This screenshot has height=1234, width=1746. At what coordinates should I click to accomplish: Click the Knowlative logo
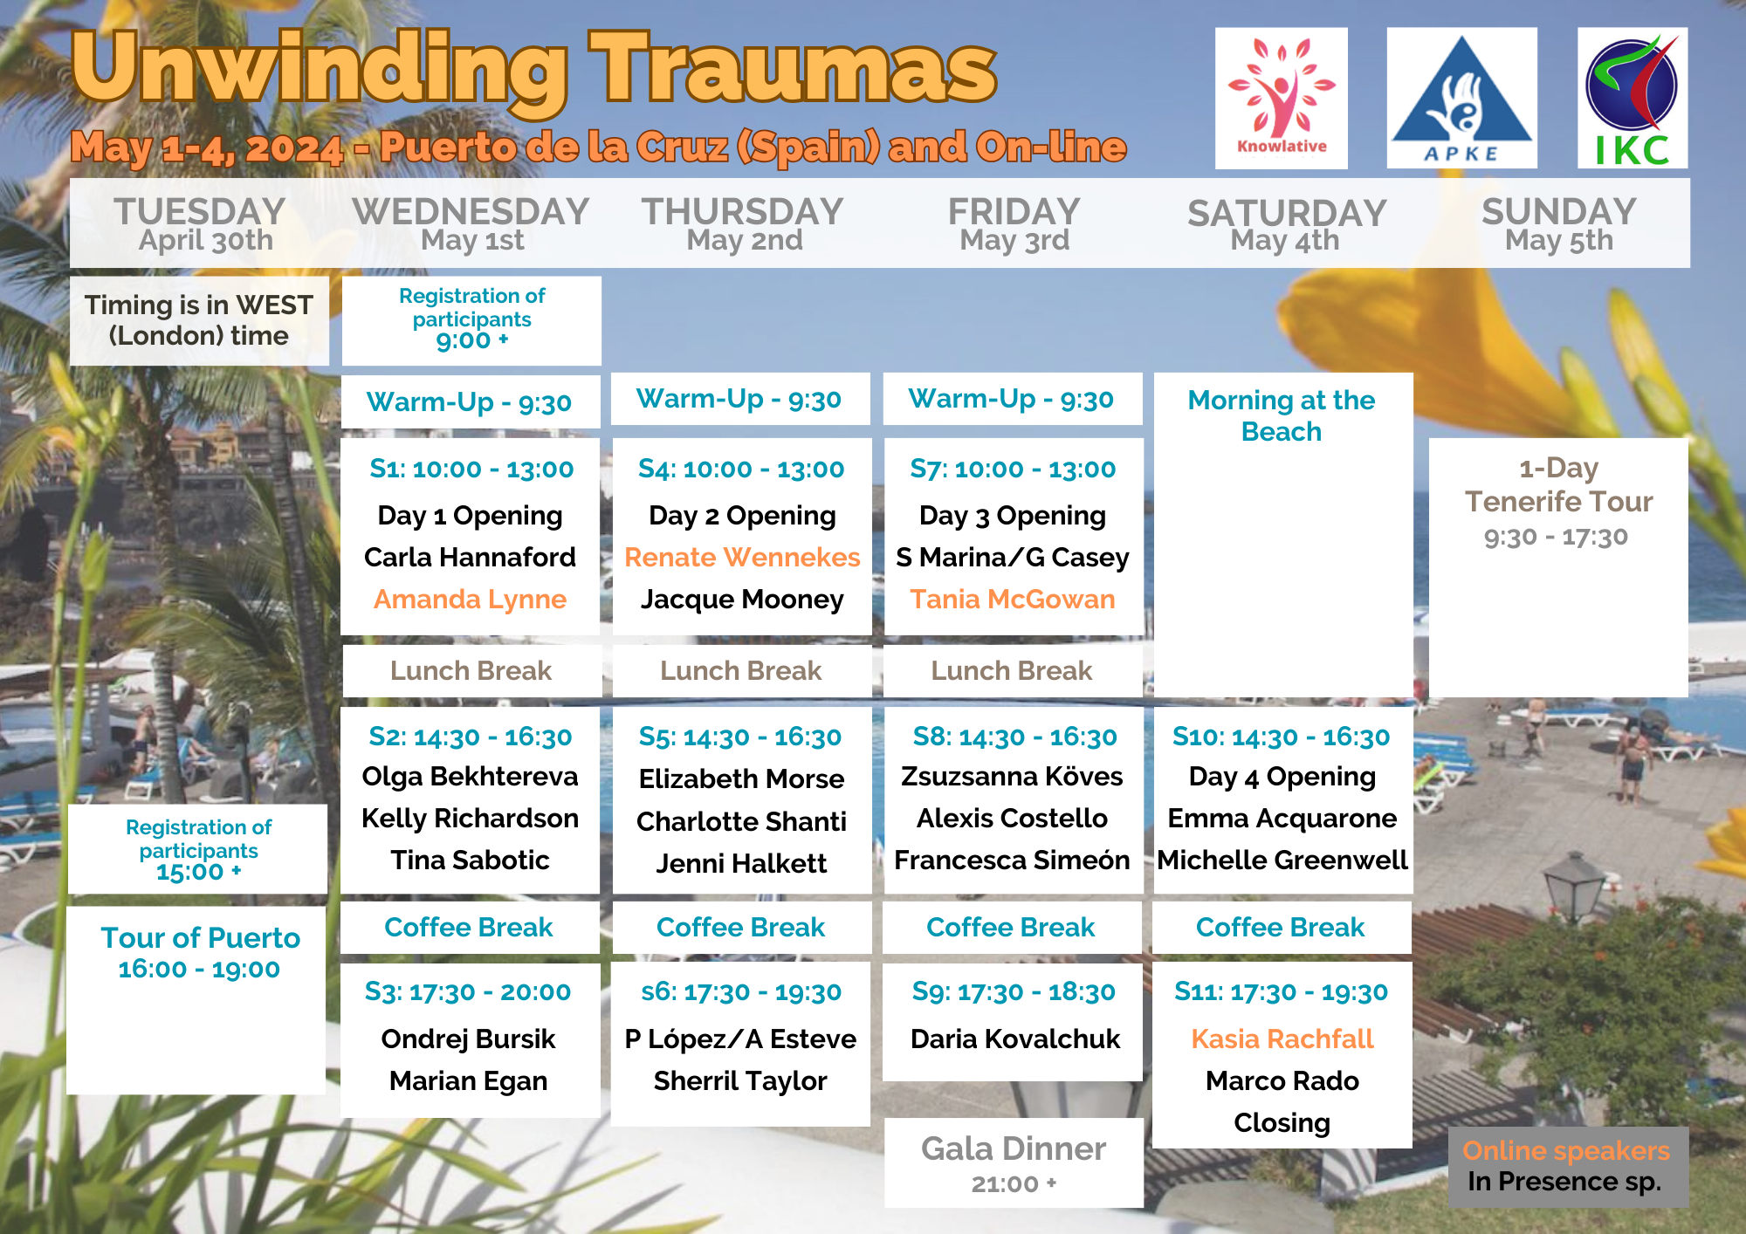[x=1282, y=98]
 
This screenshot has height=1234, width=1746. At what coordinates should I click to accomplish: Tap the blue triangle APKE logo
[x=1462, y=98]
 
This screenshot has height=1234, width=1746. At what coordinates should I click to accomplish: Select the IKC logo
[x=1633, y=98]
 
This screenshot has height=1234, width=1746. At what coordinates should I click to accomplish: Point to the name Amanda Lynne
[x=470, y=600]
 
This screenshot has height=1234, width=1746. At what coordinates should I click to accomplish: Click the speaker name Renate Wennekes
[x=742, y=558]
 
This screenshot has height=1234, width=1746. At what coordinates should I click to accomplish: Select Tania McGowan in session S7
[x=1013, y=600]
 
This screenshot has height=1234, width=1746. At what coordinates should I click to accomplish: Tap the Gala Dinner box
[x=1014, y=1162]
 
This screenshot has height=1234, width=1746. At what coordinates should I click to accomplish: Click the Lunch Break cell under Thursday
[x=741, y=670]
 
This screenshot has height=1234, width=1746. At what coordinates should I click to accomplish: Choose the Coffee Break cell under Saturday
[x=1281, y=927]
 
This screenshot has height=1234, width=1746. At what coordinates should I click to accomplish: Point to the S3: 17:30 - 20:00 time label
[x=468, y=991]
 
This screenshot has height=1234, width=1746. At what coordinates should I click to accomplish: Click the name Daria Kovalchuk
[x=1014, y=1039]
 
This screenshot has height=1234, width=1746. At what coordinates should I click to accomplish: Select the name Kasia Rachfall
[x=1282, y=1039]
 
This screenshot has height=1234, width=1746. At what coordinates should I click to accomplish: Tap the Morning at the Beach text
[x=1282, y=415]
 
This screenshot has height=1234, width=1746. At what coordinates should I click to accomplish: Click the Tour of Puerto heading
[x=200, y=937]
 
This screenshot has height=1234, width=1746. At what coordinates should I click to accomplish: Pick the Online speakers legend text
[x=1566, y=1150]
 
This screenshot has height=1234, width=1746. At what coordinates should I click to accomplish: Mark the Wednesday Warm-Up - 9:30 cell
[x=470, y=402]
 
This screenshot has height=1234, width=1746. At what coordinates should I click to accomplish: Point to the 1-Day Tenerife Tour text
[x=1558, y=485]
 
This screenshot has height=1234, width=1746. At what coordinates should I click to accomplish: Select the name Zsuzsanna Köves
[x=1012, y=776]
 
